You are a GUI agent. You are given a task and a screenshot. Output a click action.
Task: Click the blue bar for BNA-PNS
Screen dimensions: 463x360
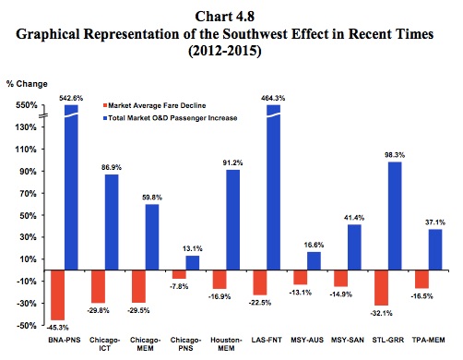coord(71,187)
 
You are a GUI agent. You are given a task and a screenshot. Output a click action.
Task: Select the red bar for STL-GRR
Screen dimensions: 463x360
coord(381,288)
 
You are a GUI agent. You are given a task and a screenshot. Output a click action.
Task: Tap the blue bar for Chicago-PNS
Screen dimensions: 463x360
coord(193,263)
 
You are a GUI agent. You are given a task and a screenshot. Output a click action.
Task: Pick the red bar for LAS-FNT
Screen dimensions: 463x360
coord(260,282)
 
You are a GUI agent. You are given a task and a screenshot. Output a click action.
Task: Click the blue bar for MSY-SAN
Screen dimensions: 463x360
coord(354,247)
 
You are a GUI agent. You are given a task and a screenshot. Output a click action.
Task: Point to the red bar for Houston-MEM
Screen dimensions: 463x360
coord(220,280)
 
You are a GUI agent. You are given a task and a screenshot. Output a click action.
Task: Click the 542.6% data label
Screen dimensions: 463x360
coord(71,98)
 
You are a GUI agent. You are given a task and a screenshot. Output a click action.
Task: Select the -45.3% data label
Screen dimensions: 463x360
coord(57,328)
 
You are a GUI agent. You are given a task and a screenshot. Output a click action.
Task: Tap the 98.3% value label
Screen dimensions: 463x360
coord(395,155)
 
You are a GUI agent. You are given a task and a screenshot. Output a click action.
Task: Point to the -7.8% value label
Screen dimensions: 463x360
coord(179,286)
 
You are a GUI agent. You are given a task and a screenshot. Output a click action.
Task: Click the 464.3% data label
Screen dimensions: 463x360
coord(273,98)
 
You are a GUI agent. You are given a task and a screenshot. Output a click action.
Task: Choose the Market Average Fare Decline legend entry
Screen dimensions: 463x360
coord(155,105)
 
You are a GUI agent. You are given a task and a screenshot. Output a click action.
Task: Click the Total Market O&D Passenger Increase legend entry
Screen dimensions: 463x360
coord(170,118)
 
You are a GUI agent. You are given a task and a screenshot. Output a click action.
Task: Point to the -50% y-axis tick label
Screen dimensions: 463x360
coord(26,326)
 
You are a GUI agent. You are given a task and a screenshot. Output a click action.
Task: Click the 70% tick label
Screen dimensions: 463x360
coord(29,194)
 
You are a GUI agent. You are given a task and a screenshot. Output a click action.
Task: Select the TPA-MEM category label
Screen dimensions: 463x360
coord(429,340)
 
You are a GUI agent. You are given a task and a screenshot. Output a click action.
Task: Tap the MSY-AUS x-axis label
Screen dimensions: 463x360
coord(307,340)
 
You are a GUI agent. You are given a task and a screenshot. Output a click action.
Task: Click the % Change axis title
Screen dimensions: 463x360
coord(27,84)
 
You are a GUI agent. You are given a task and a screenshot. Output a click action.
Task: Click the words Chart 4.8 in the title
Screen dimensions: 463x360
coord(225,17)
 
